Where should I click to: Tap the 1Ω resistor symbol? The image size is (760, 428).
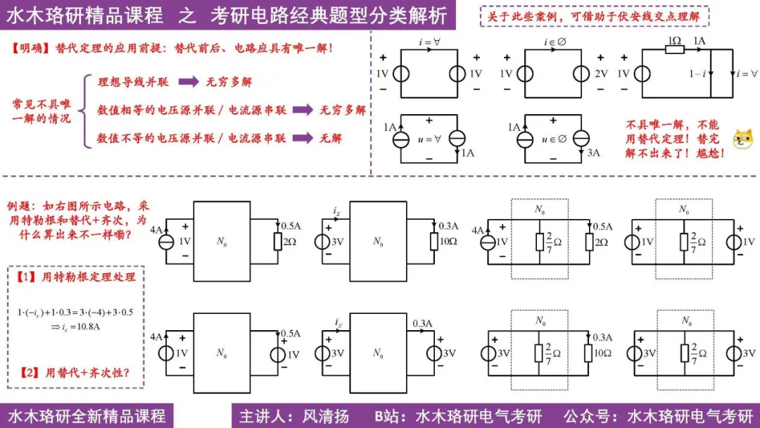coord(674,50)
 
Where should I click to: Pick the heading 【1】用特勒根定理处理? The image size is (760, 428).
coord(75,277)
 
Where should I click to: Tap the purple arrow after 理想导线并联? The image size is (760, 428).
coord(189,82)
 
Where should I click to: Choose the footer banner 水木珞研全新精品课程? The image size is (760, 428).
coord(86,415)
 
